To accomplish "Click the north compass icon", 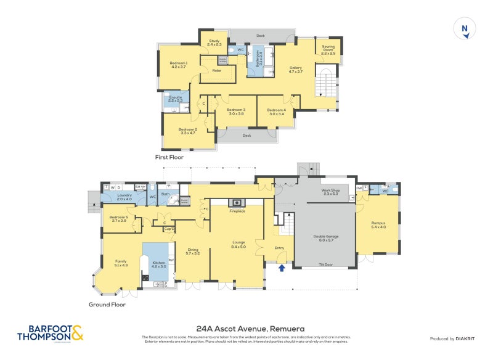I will point(465,28).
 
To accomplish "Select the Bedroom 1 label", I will point(178,65).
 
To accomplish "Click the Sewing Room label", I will point(328,52).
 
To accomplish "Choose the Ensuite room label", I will point(175,99).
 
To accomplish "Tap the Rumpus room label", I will point(378,225).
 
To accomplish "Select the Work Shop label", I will point(331,192).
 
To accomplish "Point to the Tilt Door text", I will point(325,265).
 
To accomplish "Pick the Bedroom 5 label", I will point(118,218).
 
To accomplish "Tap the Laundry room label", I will point(124,197).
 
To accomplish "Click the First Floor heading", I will point(169,157).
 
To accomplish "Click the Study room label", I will point(214,43).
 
